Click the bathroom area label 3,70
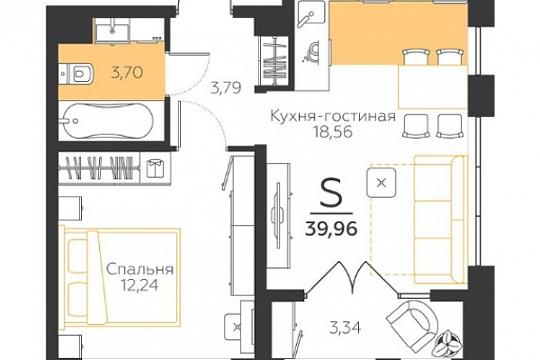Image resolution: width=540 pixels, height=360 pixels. [127, 73]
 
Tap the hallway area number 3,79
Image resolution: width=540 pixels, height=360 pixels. [226, 87]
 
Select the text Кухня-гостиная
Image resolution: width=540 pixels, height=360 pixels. [333, 116]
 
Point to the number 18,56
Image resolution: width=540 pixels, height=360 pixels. [333, 132]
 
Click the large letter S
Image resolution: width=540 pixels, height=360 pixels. [331, 193]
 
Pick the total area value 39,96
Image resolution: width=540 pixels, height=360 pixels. [331, 228]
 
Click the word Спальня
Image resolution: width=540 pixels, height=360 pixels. [139, 269]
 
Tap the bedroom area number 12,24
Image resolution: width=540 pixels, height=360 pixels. [139, 284]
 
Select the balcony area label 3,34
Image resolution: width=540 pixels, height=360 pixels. [346, 328]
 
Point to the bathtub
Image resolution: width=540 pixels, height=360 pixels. [107, 121]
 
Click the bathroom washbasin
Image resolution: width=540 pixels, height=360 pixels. [112, 30]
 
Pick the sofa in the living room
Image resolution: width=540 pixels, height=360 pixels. [440, 220]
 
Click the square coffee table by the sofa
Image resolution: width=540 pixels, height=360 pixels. [381, 183]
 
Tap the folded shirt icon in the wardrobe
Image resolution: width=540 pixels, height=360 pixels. [155, 168]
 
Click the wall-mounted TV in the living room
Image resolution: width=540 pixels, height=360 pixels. [278, 215]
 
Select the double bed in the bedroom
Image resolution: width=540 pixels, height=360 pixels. [120, 277]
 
